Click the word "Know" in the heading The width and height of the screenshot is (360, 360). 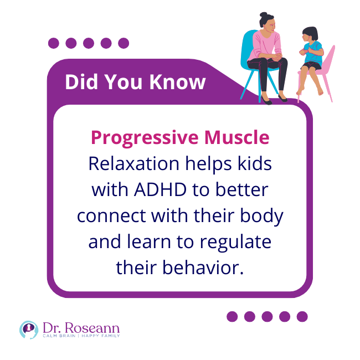[x=177, y=82]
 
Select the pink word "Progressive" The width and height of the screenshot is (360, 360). [x=145, y=138]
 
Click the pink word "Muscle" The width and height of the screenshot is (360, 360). [x=236, y=137]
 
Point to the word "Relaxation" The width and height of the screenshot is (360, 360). [x=134, y=163]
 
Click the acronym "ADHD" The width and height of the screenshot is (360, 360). [x=160, y=190]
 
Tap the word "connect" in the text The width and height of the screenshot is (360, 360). [x=111, y=216]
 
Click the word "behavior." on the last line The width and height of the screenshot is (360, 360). [x=203, y=268]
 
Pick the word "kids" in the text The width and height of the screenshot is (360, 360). [x=254, y=163]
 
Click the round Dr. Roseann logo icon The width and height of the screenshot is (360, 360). [x=29, y=330]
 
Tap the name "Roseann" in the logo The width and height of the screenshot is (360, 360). [x=92, y=328]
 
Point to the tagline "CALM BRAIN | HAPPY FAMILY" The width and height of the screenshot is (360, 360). [x=81, y=336]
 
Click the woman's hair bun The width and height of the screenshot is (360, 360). [x=264, y=15]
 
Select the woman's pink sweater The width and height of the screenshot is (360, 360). [x=265, y=45]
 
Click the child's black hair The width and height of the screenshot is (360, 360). [x=311, y=33]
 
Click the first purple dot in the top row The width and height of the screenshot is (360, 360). [x=54, y=43]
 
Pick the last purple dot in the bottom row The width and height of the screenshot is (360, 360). [x=302, y=317]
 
